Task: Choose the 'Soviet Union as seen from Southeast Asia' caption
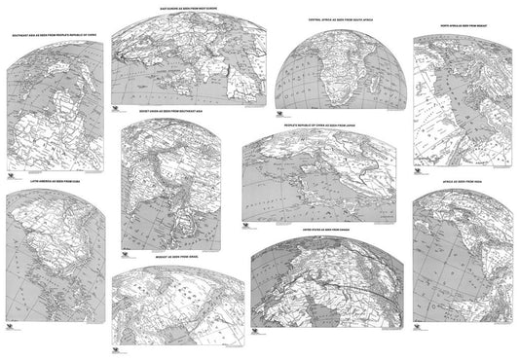pos(166,112)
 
